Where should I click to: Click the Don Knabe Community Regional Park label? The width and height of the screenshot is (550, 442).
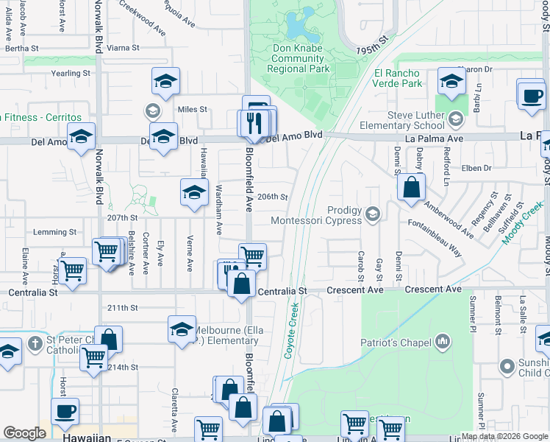tap(299, 59)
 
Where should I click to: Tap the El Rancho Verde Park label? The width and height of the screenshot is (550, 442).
tap(398, 78)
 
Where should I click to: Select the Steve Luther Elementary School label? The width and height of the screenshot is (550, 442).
tap(416, 121)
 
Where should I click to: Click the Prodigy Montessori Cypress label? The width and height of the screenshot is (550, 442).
tap(317, 215)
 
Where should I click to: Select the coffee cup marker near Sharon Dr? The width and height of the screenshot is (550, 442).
tap(531, 94)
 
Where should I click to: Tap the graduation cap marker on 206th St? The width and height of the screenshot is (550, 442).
tap(194, 192)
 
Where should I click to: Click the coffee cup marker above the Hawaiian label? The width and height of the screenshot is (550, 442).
tap(65, 411)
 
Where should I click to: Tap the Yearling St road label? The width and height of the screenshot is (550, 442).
tap(71, 74)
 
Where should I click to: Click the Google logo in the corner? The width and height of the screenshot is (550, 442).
tap(24, 434)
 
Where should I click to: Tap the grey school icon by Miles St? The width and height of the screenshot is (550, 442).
tap(153, 111)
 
